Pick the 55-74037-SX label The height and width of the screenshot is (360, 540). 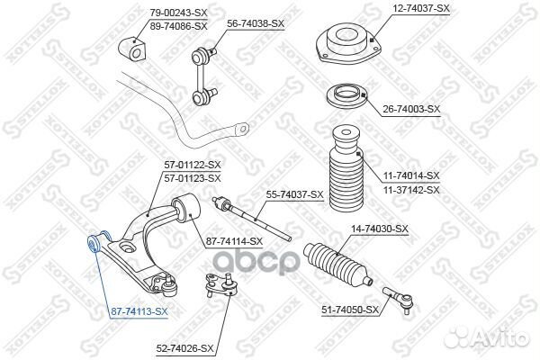click(x=293, y=194)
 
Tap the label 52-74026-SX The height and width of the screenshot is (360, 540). click(x=184, y=347)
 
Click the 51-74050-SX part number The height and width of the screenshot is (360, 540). click(x=351, y=310)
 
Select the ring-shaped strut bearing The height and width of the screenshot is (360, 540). click(x=347, y=96)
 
